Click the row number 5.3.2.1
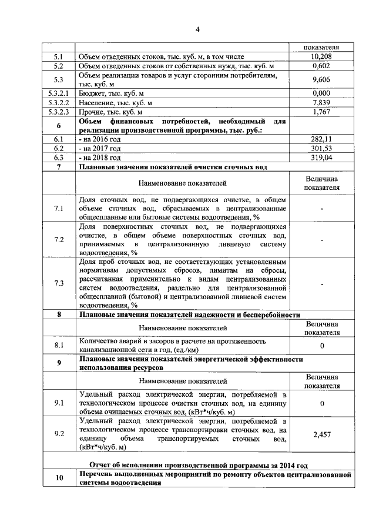tap(58, 93)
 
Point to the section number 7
tap(58, 167)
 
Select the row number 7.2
tap(58, 240)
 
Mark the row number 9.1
tap(58, 403)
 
